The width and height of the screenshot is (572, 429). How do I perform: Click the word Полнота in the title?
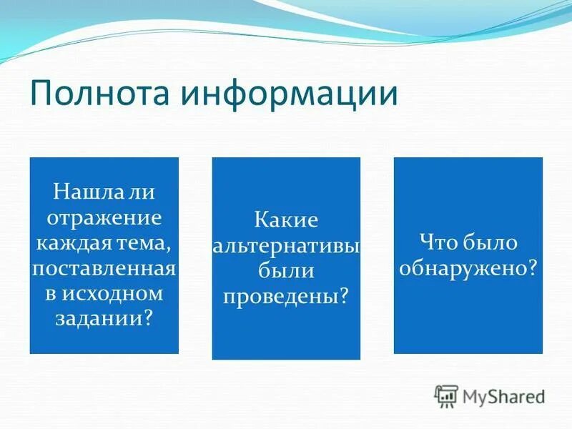94,94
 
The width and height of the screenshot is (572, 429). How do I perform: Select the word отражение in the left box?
104,218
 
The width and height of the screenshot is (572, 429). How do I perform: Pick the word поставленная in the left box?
104,270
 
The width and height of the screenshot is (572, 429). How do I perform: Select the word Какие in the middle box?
286,220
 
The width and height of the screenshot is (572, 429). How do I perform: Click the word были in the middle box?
286,270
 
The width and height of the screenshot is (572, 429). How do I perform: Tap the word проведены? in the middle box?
286,295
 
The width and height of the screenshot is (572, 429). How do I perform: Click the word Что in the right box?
439,243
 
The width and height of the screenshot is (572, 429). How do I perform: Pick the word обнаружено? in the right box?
468,269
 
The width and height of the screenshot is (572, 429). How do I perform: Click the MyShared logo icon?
446,396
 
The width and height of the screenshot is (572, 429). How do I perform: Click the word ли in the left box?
143,192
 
